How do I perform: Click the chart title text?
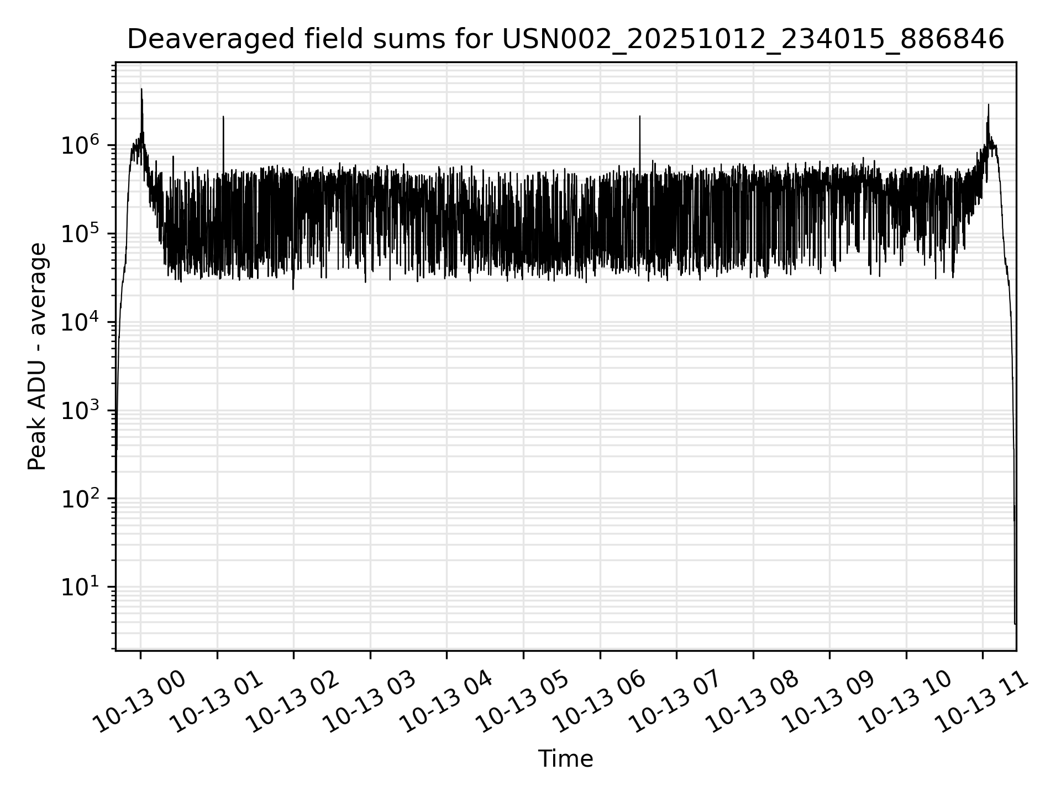[x=565, y=39]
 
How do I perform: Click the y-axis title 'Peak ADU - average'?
[x=37, y=357]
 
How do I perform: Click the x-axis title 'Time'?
[x=565, y=759]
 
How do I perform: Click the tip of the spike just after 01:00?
[x=223, y=117]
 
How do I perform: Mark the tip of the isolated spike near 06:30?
[x=639, y=117]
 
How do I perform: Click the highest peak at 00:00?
[x=141, y=89]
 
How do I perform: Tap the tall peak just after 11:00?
[x=989, y=104]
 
